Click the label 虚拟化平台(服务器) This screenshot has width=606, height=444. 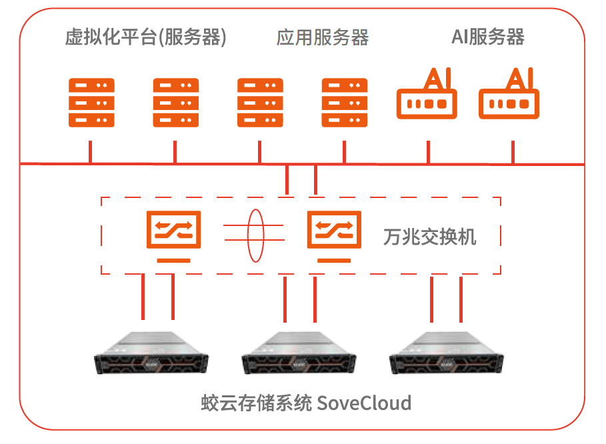pos(145,37)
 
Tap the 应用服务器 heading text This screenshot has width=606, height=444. pos(322,37)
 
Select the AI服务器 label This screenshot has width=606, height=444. pos(487,37)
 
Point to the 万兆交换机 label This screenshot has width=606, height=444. pos(430,237)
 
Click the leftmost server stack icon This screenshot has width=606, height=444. pos(91,103)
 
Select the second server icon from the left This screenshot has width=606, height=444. pos(176,103)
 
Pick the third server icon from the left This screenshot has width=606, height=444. pos(260,103)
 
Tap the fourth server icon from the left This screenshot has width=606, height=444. pos(345,103)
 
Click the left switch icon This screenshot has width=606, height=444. pos(173,229)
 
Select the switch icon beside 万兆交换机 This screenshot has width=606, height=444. pos(333,229)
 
